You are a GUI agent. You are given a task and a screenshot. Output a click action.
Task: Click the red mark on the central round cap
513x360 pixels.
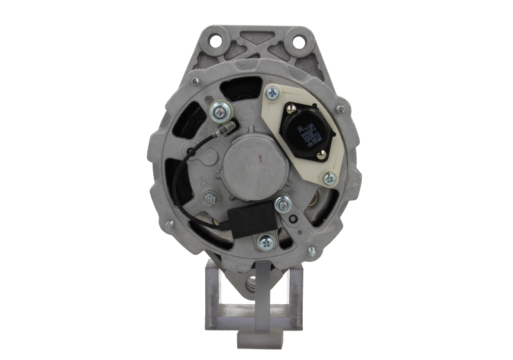[260, 156]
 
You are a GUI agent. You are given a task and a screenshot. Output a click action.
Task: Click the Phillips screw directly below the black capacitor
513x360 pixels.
[265, 241]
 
